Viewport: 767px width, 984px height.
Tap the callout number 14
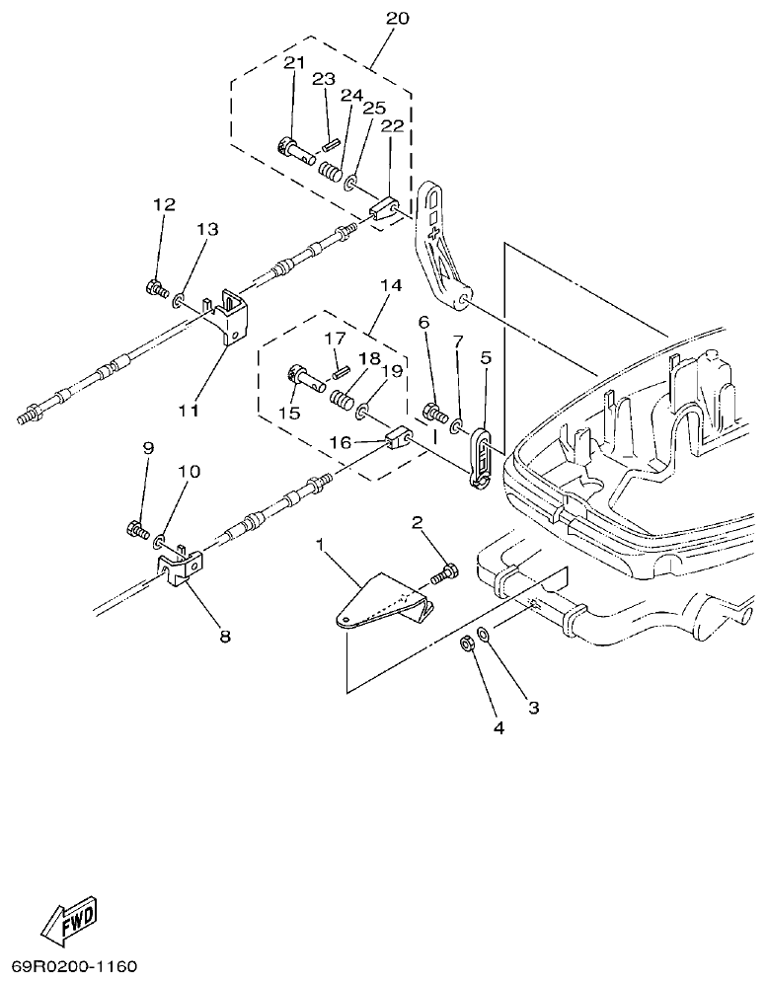pos(390,285)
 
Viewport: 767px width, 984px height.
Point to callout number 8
pos(225,637)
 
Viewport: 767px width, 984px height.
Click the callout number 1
pos(320,544)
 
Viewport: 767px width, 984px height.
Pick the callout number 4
pos(499,728)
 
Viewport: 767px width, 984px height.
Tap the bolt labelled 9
pos(137,530)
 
